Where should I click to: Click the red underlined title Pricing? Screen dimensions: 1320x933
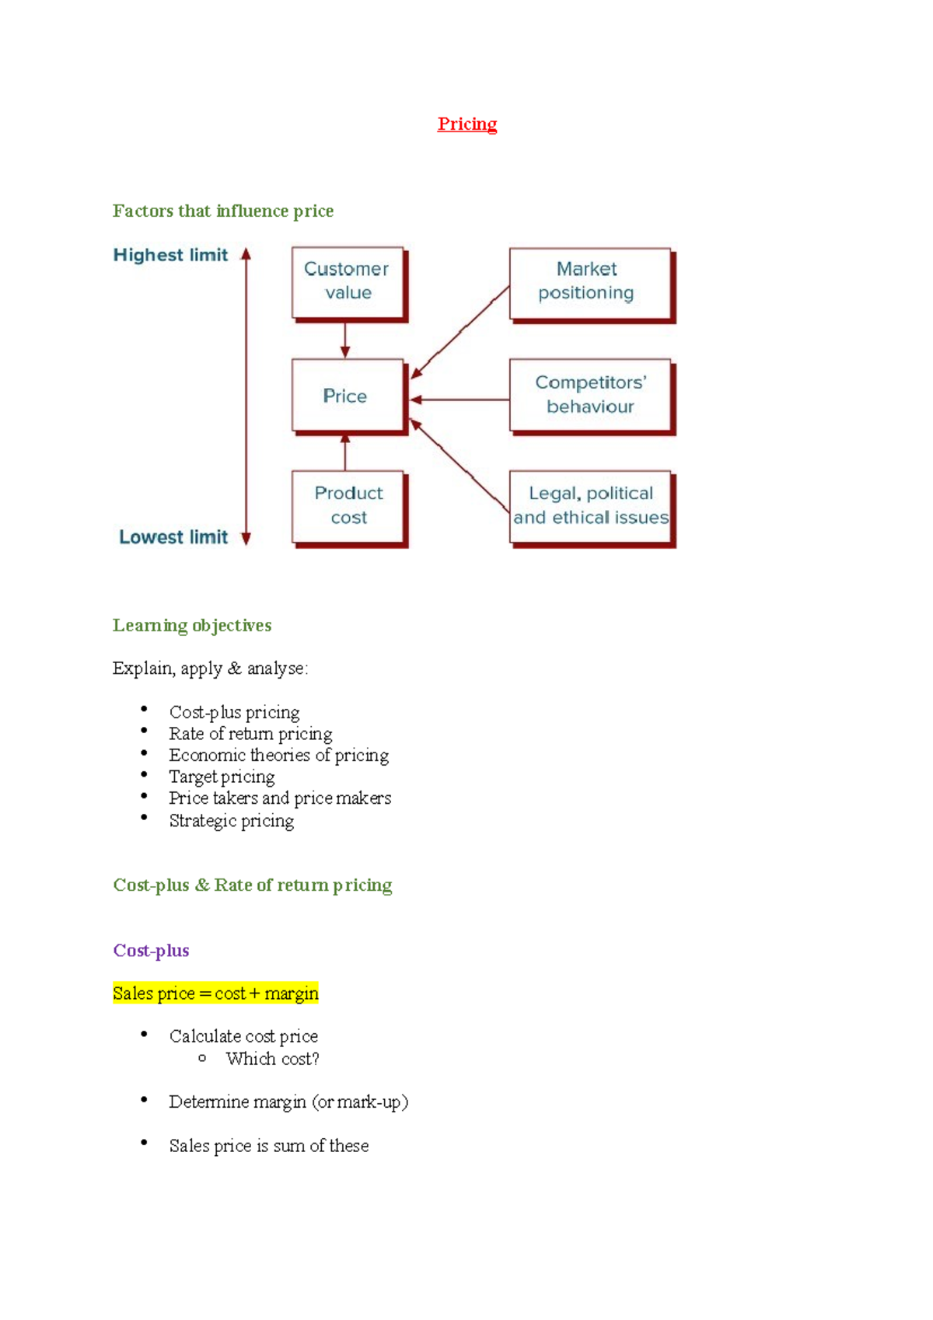(x=466, y=124)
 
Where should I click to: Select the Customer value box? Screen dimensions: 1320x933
(x=348, y=281)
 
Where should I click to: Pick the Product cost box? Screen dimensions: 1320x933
(x=348, y=505)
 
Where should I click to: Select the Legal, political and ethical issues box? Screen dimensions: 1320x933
(x=590, y=506)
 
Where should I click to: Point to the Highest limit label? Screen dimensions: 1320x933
(x=170, y=255)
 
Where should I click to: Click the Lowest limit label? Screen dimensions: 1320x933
(x=173, y=537)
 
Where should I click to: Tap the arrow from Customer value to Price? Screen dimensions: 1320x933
(x=345, y=340)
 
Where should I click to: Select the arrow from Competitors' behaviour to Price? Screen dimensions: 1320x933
(x=459, y=400)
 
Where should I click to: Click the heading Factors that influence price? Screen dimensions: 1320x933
(x=222, y=211)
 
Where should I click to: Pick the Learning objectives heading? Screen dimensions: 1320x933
(x=192, y=626)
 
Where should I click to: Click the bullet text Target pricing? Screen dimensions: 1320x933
(x=222, y=777)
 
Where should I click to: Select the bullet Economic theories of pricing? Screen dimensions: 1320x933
(x=278, y=755)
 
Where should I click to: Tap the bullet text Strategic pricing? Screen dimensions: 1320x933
(x=232, y=821)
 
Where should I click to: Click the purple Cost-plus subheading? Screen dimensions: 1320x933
(x=151, y=951)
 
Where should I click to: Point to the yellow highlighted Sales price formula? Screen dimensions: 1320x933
(x=215, y=993)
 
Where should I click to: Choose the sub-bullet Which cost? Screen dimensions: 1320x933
(x=272, y=1059)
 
